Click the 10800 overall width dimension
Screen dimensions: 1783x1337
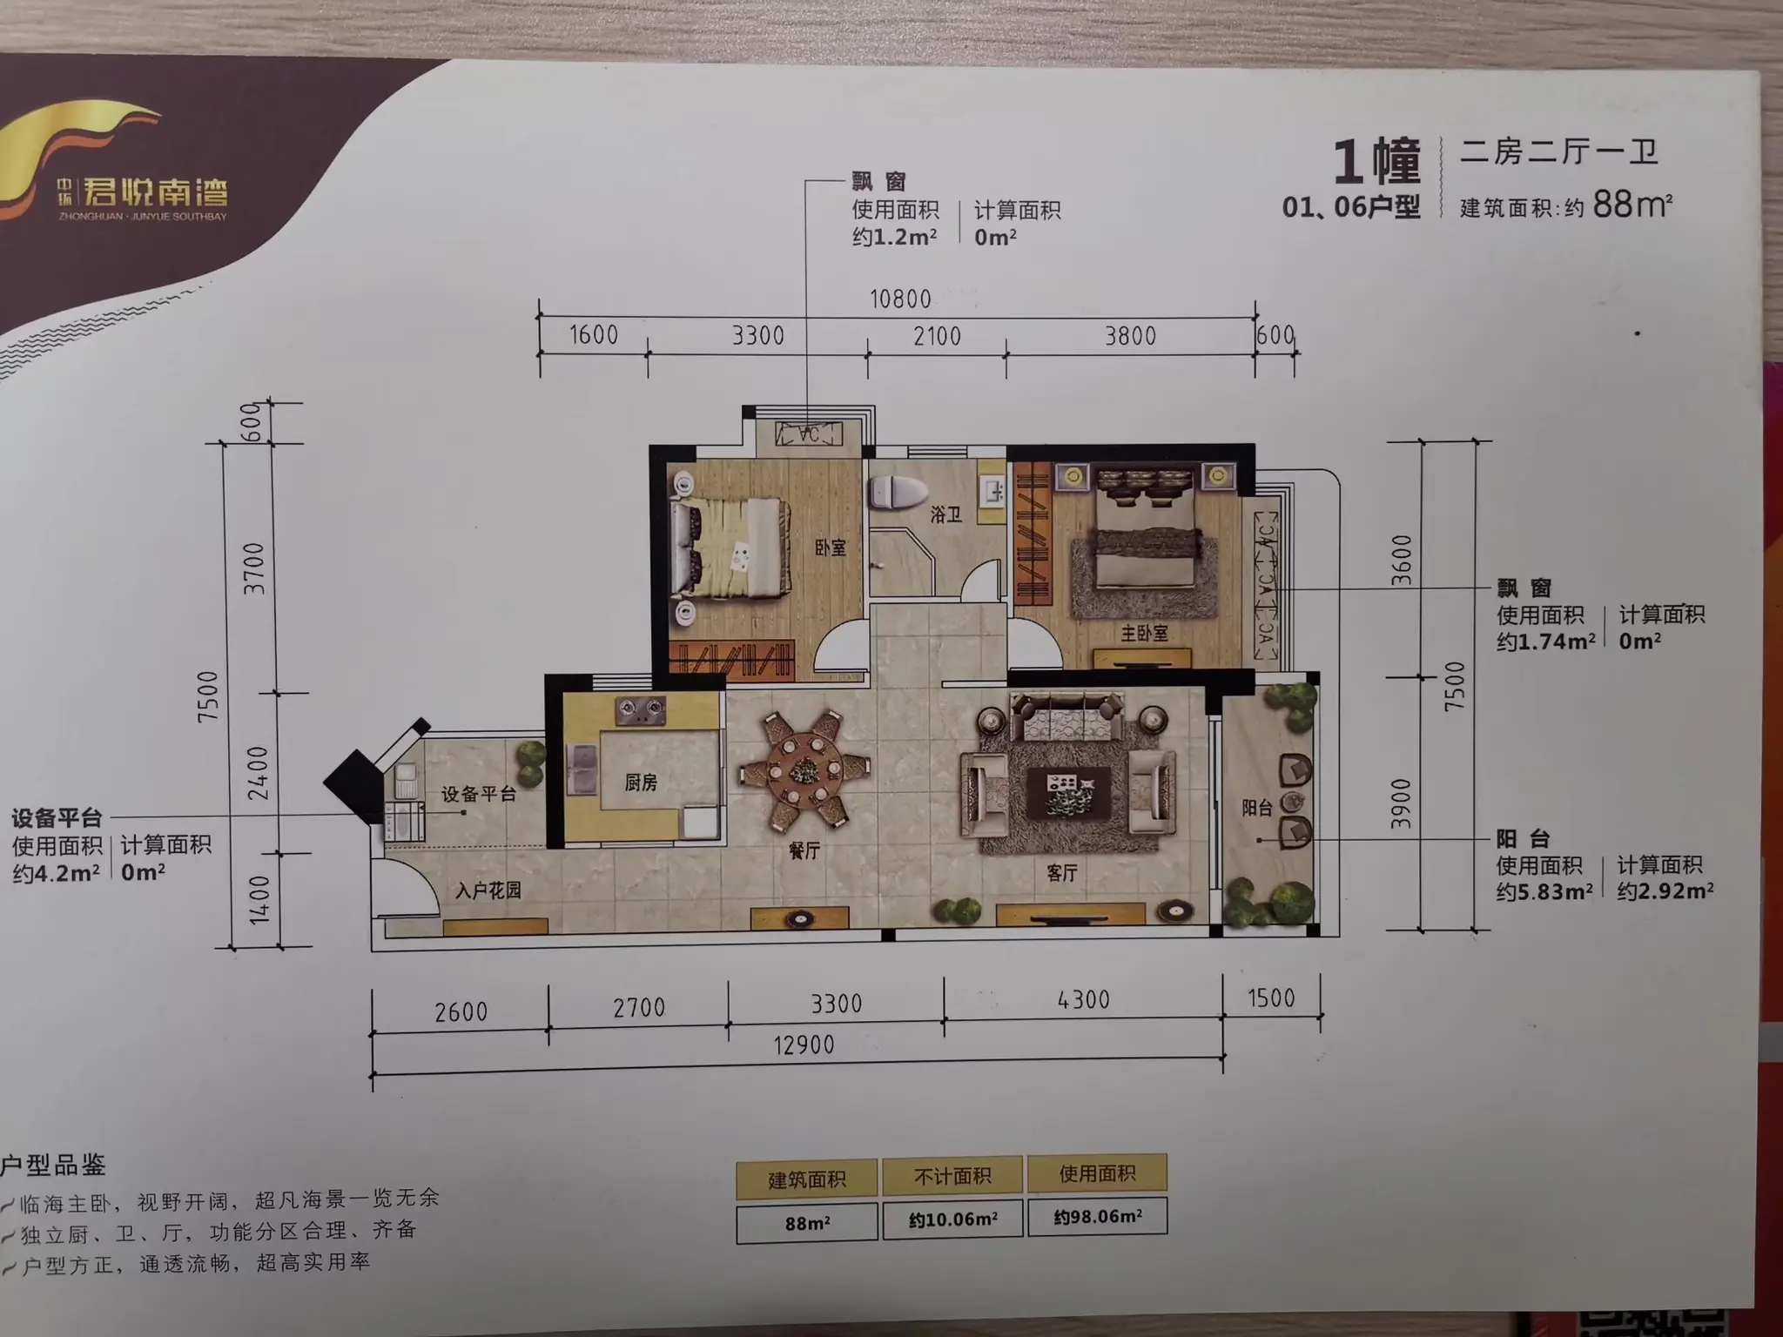click(900, 299)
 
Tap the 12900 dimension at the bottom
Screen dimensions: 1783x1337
click(804, 1045)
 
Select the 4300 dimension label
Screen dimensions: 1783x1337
click(1083, 999)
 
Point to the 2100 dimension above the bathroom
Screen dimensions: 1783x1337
click(937, 336)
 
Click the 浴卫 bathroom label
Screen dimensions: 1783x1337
click(945, 514)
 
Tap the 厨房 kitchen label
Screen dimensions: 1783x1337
click(641, 783)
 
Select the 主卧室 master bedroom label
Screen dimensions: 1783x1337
click(1144, 633)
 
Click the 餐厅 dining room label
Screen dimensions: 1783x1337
click(804, 850)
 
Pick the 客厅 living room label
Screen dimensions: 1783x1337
click(1061, 872)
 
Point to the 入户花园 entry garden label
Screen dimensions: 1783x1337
click(488, 890)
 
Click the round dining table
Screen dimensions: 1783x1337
click(804, 769)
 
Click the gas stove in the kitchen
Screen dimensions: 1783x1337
click(640, 711)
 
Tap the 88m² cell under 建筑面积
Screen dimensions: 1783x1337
click(807, 1223)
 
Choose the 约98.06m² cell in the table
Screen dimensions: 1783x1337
click(1098, 1216)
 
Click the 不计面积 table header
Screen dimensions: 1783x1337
click(952, 1177)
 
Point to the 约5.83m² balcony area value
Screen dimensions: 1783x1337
click(1544, 892)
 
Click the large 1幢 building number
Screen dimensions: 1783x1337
click(1376, 162)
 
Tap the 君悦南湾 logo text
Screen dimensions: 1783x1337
click(155, 192)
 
